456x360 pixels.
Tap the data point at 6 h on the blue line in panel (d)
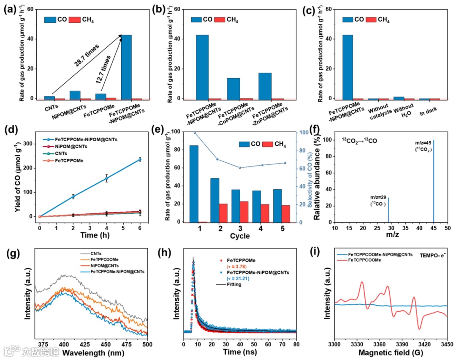pyautogui.click(x=140, y=159)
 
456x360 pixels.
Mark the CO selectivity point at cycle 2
pyautogui.click(x=217, y=159)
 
